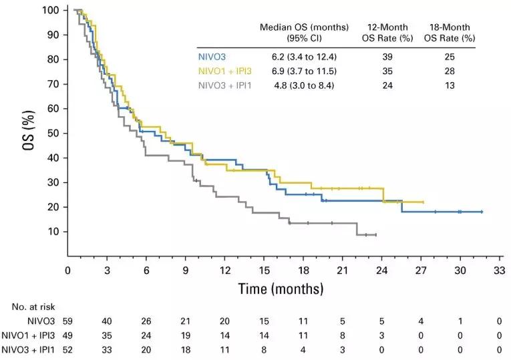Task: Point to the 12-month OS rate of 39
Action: point(389,58)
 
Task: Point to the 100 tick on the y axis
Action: point(51,11)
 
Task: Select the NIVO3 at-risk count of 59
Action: point(67,322)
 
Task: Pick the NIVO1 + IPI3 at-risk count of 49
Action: point(67,336)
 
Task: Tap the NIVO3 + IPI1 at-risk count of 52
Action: point(67,350)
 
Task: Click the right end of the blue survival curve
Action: point(481,212)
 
